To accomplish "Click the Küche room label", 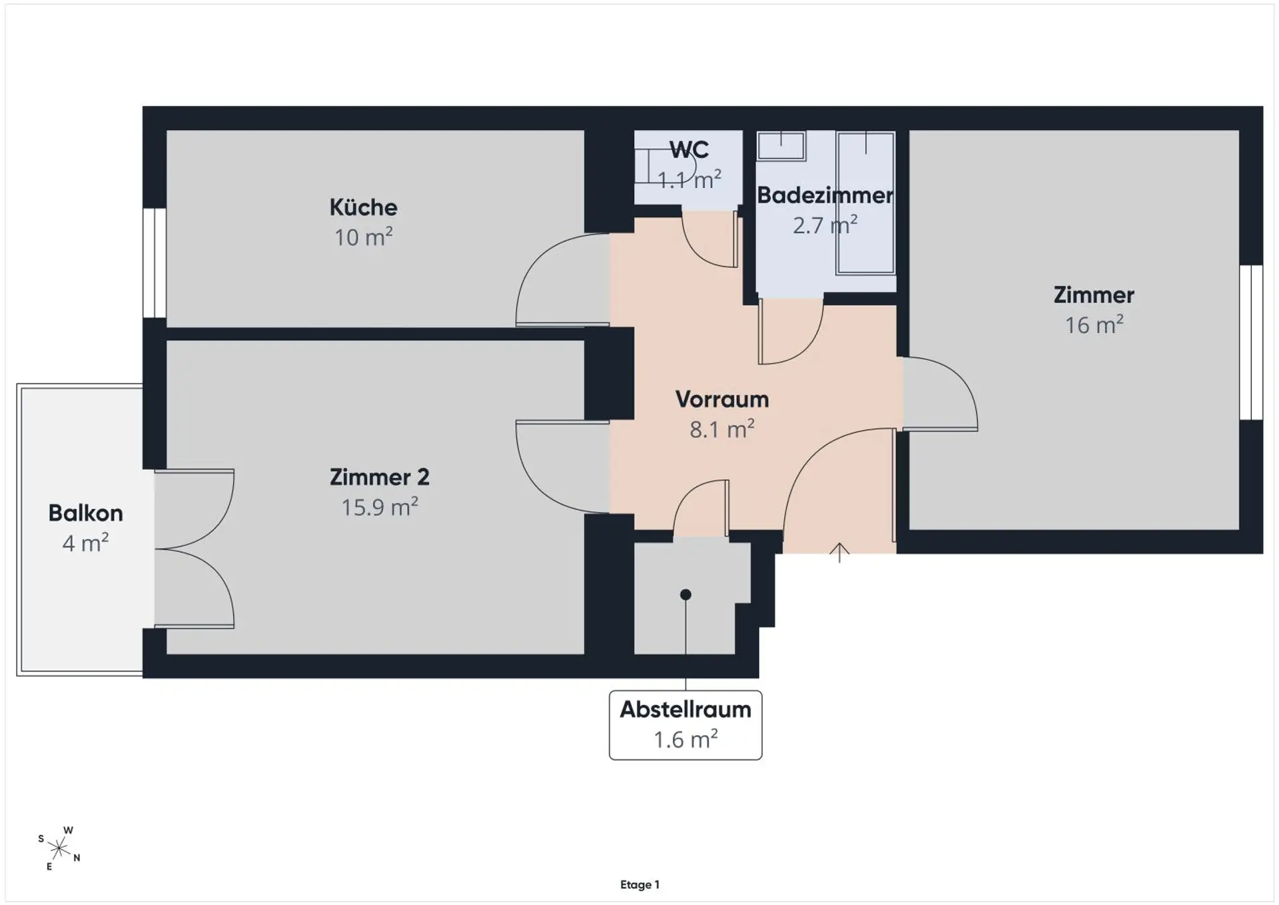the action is (363, 207).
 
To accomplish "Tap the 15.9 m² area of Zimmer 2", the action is (380, 507).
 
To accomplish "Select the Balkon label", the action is (86, 513).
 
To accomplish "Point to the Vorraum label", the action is (722, 399).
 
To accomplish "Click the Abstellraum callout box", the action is (685, 725).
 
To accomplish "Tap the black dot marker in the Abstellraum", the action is (685, 594).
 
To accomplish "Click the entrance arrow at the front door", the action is (839, 552).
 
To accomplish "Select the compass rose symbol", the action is (59, 848).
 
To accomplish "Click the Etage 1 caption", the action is (639, 884).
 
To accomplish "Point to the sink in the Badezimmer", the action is (781, 146).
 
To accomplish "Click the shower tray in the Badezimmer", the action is (865, 203).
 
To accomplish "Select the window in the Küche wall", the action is (155, 263).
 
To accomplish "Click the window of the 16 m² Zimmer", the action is (1251, 343).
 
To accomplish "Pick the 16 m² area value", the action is (1094, 325).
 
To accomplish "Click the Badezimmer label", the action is (825, 195).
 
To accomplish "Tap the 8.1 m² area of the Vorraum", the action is (722, 429).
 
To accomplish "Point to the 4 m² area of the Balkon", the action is (85, 543).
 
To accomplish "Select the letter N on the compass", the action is (77, 858).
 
